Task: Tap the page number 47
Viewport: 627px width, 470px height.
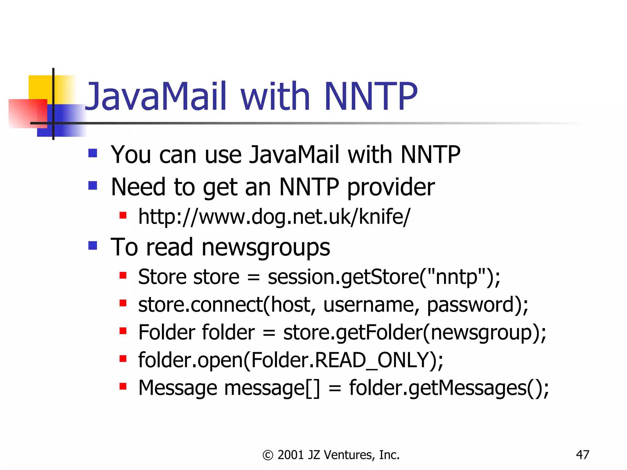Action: pos(582,455)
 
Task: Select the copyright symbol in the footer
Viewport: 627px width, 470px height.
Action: pos(268,455)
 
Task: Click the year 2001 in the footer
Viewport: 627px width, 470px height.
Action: pos(291,455)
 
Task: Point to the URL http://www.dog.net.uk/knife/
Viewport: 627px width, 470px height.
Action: pos(274,217)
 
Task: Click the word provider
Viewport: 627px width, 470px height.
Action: pos(391,187)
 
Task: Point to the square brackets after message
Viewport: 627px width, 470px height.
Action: pos(313,388)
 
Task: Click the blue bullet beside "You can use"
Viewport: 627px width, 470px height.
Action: pos(92,153)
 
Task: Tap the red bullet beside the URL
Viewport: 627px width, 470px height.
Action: pos(123,215)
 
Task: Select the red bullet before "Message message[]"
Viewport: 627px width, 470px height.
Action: pos(123,386)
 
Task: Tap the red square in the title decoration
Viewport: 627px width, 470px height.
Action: pos(24,113)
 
